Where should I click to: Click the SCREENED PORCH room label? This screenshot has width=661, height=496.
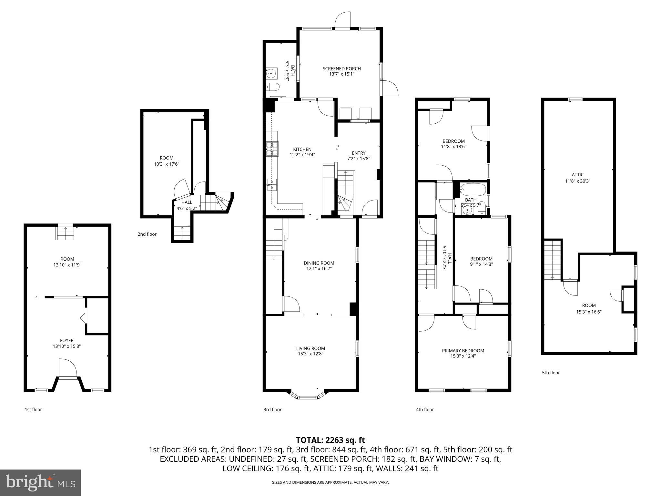[341, 68]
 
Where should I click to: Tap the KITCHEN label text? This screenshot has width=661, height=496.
[302, 149]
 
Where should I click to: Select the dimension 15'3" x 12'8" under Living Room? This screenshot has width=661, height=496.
[310, 354]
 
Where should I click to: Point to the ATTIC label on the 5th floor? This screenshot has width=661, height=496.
[578, 175]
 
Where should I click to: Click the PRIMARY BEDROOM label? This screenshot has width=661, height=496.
[463, 351]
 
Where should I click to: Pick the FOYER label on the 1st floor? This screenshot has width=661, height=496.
[67, 340]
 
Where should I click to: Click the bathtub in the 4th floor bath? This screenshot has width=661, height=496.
[473, 190]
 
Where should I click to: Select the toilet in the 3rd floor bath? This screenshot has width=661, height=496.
[273, 87]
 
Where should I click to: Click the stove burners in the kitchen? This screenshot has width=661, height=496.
[272, 149]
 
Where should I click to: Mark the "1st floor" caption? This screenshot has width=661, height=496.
[33, 409]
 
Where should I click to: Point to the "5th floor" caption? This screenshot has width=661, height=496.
[551, 373]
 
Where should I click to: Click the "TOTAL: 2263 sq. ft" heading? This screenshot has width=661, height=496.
[330, 440]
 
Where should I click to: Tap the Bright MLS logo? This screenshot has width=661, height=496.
[40, 482]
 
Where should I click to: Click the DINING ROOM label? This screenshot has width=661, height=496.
[319, 263]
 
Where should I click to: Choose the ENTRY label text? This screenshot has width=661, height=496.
[359, 153]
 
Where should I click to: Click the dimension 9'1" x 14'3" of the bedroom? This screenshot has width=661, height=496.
[481, 264]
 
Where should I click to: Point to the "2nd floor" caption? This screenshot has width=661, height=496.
[147, 234]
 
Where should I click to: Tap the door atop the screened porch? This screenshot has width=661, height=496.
[342, 20]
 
